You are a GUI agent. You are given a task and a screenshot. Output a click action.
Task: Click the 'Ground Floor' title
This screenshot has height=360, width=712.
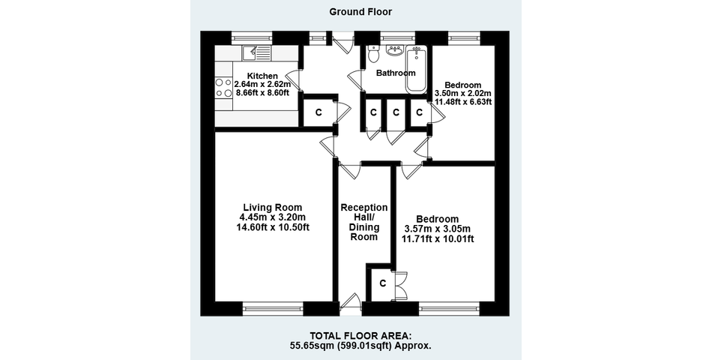pos(360,12)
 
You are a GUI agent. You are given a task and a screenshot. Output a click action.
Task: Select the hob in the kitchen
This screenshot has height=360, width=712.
pos(224,88)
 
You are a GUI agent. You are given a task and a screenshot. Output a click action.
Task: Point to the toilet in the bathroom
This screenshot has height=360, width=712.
pos(374,54)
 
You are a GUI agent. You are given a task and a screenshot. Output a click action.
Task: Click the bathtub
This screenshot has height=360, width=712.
pos(417,69)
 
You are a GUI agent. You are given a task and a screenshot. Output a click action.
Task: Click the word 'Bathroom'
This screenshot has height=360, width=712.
pos(396,73)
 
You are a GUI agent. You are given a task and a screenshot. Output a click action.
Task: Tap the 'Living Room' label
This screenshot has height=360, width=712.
pos(273,208)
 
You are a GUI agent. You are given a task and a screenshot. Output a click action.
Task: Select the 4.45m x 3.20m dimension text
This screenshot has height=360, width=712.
pos(273,217)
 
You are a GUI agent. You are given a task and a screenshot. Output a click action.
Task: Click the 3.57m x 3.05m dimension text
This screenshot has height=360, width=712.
pos(438,229)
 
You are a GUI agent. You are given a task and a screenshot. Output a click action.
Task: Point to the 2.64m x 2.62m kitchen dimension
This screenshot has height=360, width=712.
pos(262,84)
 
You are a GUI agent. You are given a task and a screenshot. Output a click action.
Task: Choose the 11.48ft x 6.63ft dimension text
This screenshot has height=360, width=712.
pos(463,102)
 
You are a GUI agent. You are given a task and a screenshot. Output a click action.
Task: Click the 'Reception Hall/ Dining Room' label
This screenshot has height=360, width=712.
pos(364,222)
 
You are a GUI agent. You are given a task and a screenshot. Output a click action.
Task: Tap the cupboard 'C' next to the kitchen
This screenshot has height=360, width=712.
pos(319,112)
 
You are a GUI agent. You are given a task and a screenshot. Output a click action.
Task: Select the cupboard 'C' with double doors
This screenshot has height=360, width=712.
pos(383,283)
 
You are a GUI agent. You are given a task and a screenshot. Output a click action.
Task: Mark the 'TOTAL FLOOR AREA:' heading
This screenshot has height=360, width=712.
pos(360,336)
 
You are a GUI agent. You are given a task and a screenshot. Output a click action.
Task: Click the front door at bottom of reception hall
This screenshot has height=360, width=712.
pos(350,303)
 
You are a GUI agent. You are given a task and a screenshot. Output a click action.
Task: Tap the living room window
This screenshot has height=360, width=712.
pos(273,309)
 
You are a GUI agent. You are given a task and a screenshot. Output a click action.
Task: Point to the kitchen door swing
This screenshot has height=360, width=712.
pos(295,81)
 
